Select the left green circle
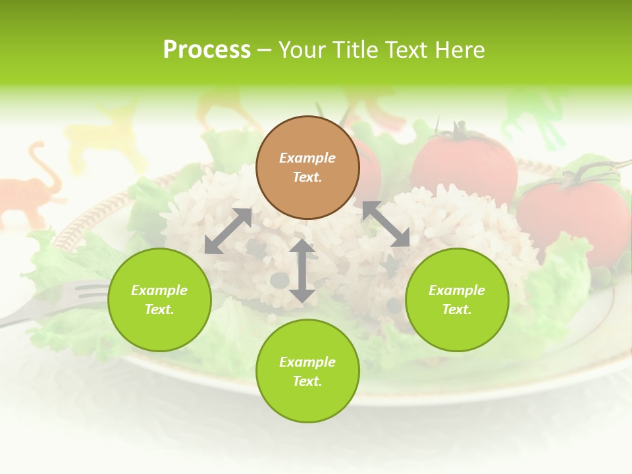[x=159, y=300]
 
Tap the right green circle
[x=457, y=300]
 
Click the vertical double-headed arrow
[x=302, y=271]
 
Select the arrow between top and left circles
[x=228, y=231]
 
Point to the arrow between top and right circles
[x=386, y=224]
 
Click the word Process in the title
[x=207, y=50]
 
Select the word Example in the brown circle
[x=307, y=158]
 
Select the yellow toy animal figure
[x=105, y=135]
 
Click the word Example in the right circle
[x=457, y=290]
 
